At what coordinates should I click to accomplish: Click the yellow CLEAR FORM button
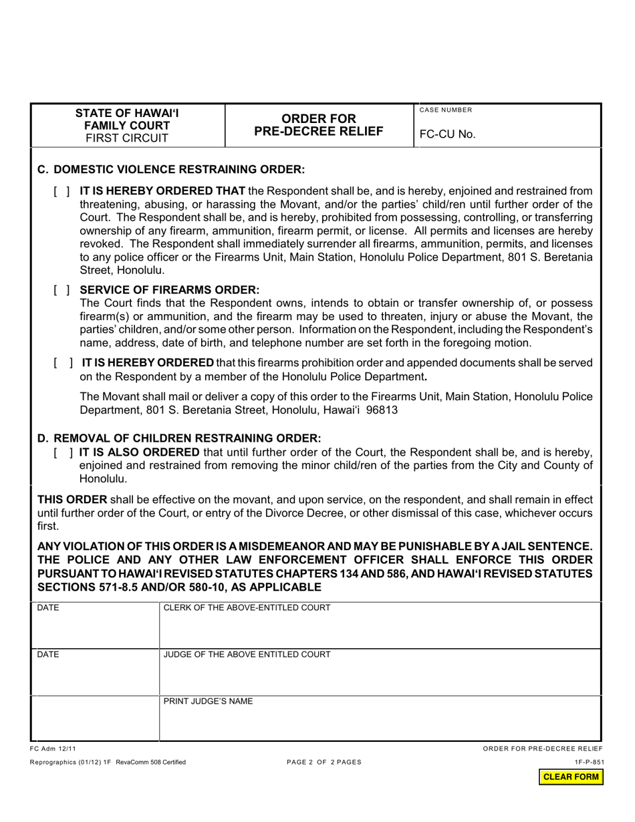tap(571, 777)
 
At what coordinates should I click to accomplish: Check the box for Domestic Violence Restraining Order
tap(61, 192)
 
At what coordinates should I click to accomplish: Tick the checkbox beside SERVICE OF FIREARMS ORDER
tap(61, 291)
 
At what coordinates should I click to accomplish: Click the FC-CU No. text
tap(447, 134)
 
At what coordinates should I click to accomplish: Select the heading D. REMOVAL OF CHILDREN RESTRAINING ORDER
tap(179, 438)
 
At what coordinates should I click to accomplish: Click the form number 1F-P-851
tap(588, 762)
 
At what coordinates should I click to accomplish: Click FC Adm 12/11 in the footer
tap(48, 748)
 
